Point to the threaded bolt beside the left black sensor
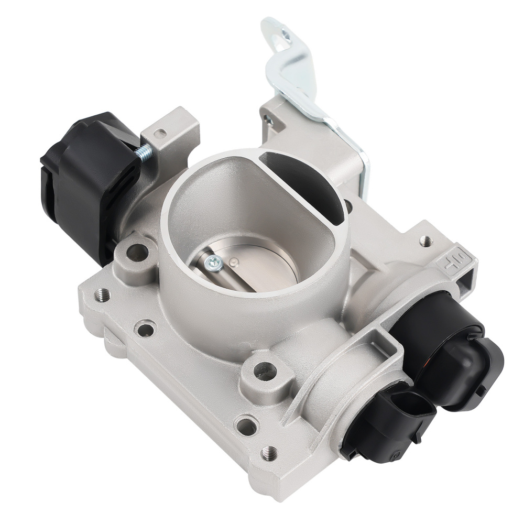[x=145, y=152]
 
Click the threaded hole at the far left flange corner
[x=102, y=295]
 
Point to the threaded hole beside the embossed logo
[x=426, y=241]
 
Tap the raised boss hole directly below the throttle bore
[x=265, y=372]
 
